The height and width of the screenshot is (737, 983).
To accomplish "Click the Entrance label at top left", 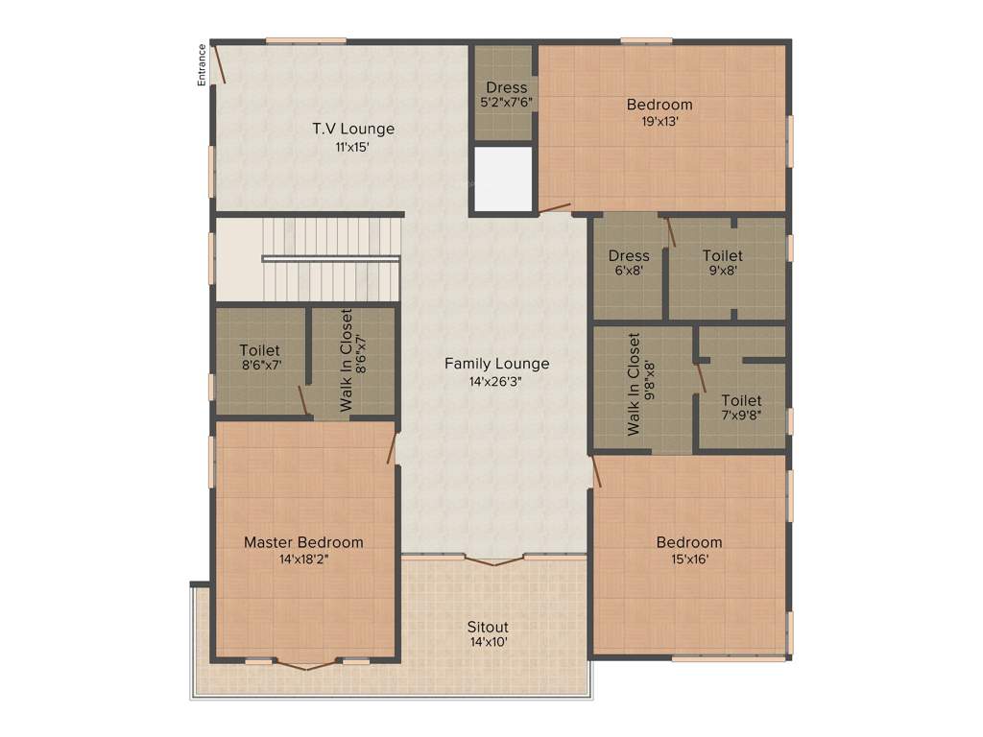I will click(202, 65).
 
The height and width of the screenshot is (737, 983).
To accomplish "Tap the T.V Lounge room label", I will click(352, 129).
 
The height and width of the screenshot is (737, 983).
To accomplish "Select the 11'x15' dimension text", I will click(352, 148).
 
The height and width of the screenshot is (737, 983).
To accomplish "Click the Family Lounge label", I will click(496, 364).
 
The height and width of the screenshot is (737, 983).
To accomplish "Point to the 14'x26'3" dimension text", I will click(496, 381).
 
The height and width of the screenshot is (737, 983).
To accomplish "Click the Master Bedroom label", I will click(303, 542).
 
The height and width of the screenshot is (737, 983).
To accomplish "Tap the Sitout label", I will click(488, 627).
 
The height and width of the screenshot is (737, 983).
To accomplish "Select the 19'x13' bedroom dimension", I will click(659, 122).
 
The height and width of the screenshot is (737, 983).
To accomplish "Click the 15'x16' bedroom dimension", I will click(688, 559).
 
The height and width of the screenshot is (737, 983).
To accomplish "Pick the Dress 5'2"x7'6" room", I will click(506, 94).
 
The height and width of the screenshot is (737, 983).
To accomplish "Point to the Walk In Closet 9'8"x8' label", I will click(640, 384).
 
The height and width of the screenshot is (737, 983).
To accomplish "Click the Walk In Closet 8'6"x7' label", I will click(353, 360).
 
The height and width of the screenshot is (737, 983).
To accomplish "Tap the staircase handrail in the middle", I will click(330, 257).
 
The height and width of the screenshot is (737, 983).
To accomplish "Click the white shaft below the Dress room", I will click(503, 178).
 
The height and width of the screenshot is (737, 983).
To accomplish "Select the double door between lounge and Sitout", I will click(493, 559).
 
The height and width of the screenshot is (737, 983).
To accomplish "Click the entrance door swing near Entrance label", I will click(219, 63).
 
